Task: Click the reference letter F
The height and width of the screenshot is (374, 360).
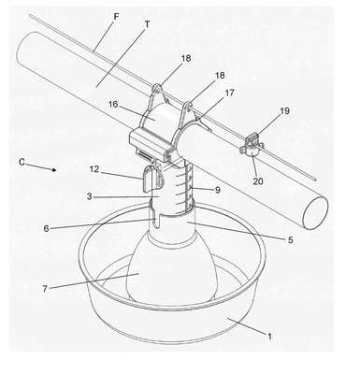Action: tap(116, 17)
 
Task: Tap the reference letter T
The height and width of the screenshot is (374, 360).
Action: tap(148, 24)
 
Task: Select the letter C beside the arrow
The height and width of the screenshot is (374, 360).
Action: tap(22, 162)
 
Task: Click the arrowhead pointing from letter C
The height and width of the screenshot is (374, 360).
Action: tap(54, 169)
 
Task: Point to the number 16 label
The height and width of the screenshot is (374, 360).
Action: tap(113, 104)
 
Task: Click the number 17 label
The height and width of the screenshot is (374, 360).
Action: tap(230, 93)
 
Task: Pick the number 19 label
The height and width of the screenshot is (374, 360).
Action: tap(284, 110)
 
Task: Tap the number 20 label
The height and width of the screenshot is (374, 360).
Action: tap(258, 181)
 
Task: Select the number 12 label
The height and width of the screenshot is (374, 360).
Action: tap(94, 169)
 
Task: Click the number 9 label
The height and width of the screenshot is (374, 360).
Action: tap(218, 190)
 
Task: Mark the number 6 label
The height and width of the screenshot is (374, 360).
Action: tap(46, 229)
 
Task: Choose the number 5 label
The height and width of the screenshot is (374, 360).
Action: tap(291, 239)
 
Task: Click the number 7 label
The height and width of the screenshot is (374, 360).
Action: tap(45, 289)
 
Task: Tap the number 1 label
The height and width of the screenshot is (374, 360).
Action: tap(270, 337)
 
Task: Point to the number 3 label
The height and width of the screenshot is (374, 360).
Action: tap(90, 196)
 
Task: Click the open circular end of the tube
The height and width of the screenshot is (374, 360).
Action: tap(315, 212)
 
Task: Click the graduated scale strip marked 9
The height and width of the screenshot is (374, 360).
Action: tap(189, 189)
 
